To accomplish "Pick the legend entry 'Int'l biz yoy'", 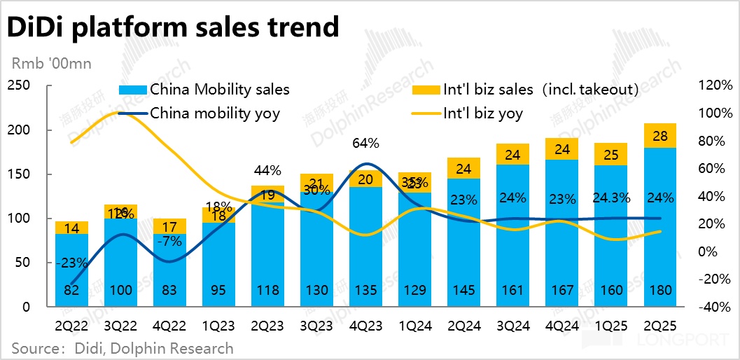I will pos(484,113).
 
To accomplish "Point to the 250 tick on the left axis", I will pos(19,86).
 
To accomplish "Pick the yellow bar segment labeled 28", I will pos(659,135).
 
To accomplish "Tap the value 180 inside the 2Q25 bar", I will pos(659,291).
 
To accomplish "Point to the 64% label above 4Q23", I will pos(365,144).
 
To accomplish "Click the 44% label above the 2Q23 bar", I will pos(267,170).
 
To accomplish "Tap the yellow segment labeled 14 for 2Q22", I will pos(72,228).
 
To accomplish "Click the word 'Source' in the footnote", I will pos(33,347).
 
